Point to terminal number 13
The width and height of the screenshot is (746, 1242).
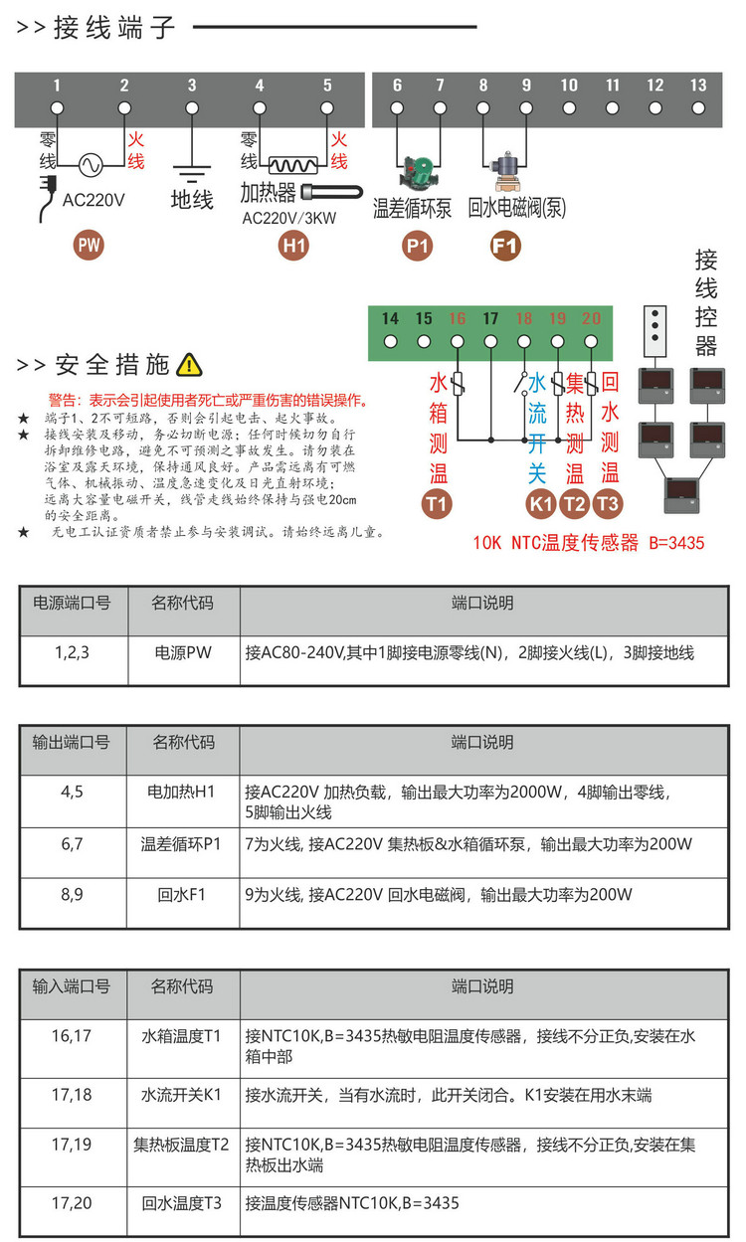point(698,86)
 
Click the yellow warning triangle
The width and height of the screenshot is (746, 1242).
point(189,366)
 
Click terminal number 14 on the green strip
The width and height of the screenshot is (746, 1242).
point(390,319)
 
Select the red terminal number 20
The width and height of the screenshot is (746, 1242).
point(591,319)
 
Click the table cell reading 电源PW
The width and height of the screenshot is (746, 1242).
point(183,653)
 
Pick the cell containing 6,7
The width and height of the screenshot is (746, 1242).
point(72,844)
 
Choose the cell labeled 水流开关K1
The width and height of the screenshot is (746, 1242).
point(183,1094)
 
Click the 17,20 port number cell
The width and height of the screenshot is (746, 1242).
point(72,1203)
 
